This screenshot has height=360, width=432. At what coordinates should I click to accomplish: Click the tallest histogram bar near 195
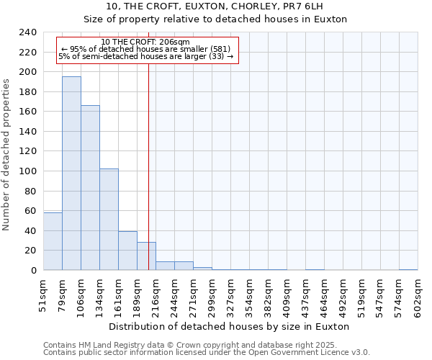(x=71, y=173)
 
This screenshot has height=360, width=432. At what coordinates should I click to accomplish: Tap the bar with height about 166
(x=90, y=187)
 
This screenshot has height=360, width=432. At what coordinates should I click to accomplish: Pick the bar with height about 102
(x=109, y=220)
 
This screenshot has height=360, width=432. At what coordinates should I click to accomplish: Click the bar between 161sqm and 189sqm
(x=127, y=251)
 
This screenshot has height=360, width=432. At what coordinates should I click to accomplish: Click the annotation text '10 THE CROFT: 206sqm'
(x=145, y=42)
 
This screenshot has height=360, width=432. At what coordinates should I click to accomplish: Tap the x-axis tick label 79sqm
(x=63, y=294)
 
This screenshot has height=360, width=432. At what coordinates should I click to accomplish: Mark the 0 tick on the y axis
(x=33, y=270)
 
